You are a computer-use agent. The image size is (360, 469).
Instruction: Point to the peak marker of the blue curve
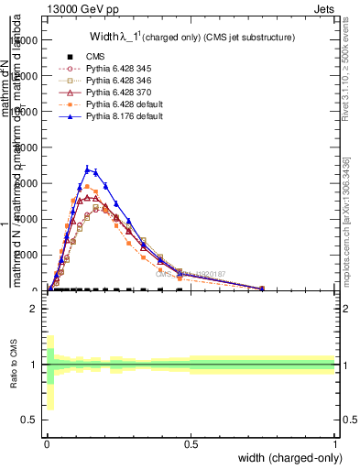[x=87, y=169]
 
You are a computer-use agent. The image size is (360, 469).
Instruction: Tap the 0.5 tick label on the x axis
[x=191, y=444]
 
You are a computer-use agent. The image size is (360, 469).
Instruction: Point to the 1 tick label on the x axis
[x=335, y=444]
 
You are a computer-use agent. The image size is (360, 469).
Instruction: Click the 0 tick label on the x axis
[x=47, y=444]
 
